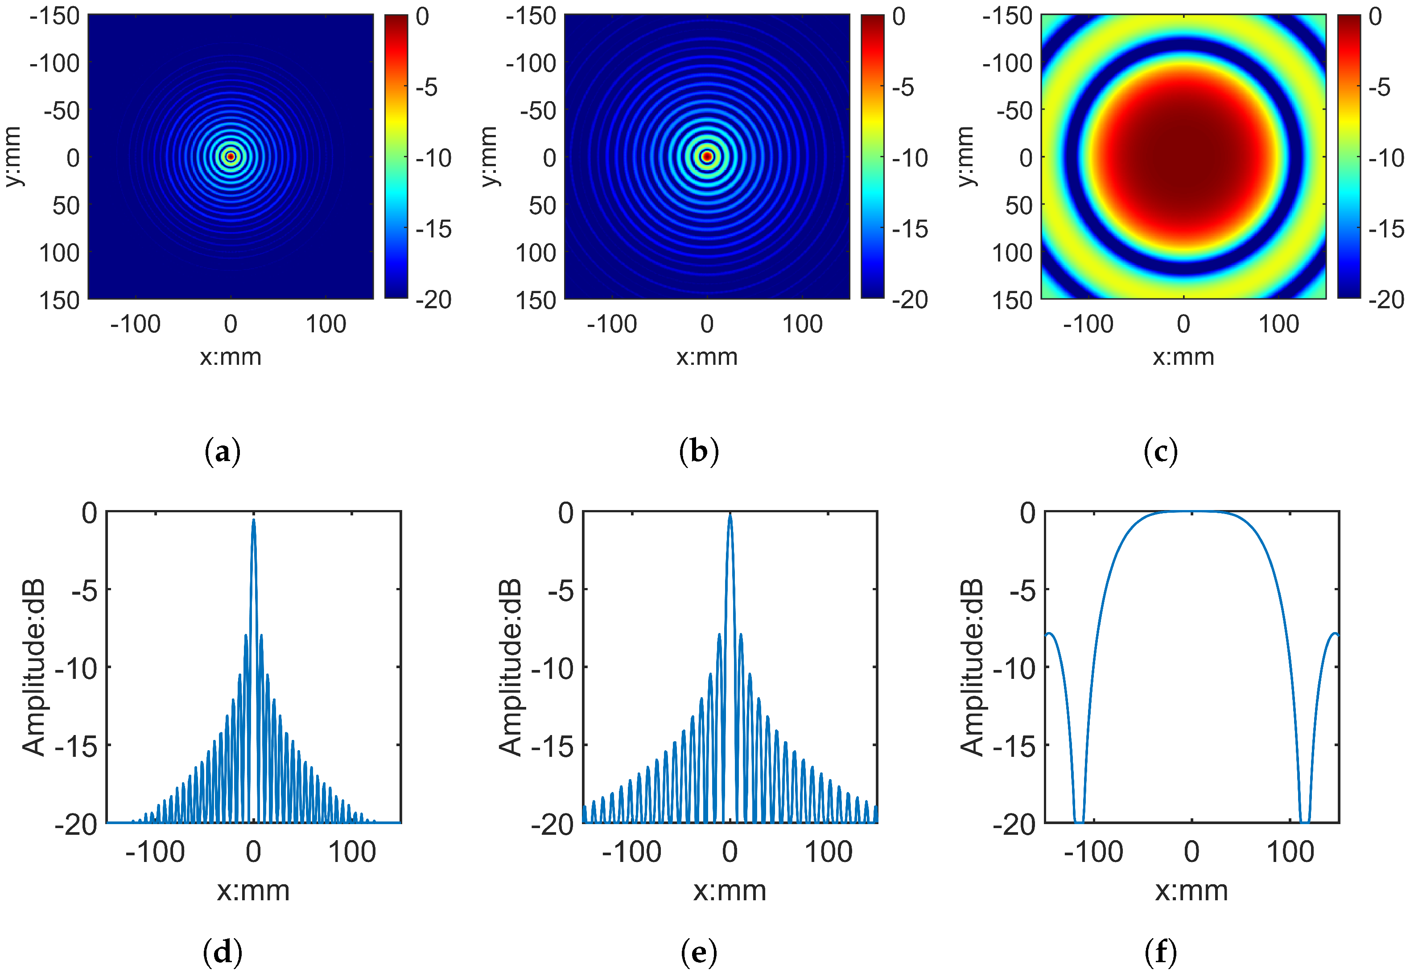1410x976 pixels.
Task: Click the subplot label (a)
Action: pyautogui.click(x=222, y=452)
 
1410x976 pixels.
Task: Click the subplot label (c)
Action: pyautogui.click(x=1160, y=452)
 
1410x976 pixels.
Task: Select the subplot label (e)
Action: pyautogui.click(x=698, y=952)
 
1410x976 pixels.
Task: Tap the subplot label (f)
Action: pyautogui.click(x=1160, y=952)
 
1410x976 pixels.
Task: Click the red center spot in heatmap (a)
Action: pyautogui.click(x=231, y=156)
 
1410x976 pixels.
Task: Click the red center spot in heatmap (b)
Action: pyautogui.click(x=707, y=156)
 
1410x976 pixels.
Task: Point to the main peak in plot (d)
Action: pyautogui.click(x=253, y=522)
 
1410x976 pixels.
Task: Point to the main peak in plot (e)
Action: pyautogui.click(x=730, y=517)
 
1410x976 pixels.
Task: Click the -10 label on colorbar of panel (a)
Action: pyautogui.click(x=433, y=159)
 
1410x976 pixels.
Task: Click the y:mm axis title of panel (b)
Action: pyautogui.click(x=488, y=156)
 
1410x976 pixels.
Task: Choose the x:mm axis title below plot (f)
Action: pyautogui.click(x=1191, y=891)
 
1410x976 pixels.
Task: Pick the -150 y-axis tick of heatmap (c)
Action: pyautogui.click(x=1007, y=16)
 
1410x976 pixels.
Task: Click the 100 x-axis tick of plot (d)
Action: pyautogui.click(x=352, y=852)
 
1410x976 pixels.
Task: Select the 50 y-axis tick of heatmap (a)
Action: pyautogui.click(x=66, y=205)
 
